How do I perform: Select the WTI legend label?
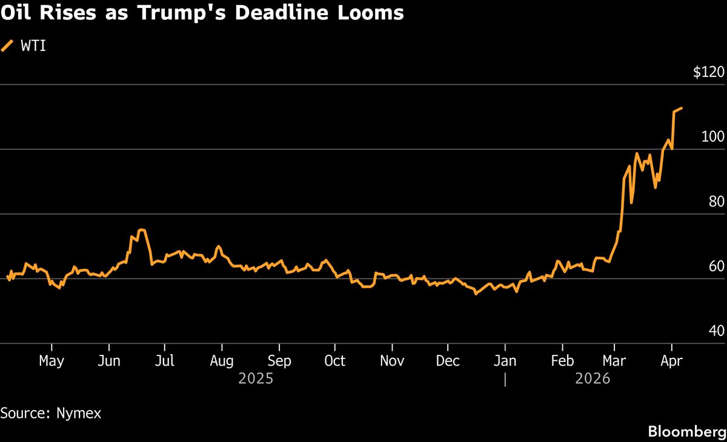click(34, 46)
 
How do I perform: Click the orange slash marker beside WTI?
click(7, 46)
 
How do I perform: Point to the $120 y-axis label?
click(708, 73)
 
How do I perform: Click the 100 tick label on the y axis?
click(712, 137)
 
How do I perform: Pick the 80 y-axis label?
click(716, 202)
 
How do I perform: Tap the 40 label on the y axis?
click(716, 331)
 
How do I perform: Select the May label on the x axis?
click(51, 361)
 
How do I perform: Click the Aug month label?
click(222, 361)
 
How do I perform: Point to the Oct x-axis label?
click(334, 361)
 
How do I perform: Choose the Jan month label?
click(505, 361)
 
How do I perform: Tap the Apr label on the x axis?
click(671, 361)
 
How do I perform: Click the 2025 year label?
click(256, 379)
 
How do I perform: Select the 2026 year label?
click(593, 379)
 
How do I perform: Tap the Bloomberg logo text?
click(686, 431)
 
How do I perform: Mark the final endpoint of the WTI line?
click(682, 108)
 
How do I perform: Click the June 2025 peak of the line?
click(141, 229)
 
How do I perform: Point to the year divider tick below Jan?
click(505, 380)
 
